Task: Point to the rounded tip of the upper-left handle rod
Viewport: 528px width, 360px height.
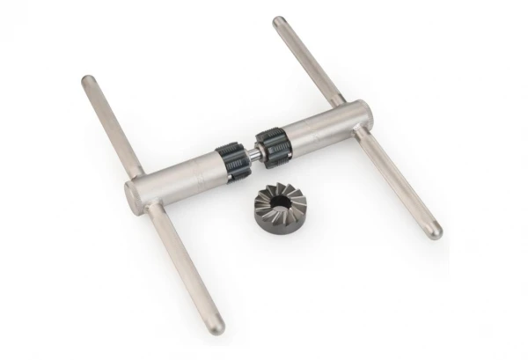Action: pos(88,81)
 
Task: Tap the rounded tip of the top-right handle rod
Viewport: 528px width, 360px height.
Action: pos(279,21)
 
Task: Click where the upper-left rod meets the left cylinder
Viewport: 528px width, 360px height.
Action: pos(139,171)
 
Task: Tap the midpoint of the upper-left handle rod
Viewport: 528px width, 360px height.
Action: pos(113,126)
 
